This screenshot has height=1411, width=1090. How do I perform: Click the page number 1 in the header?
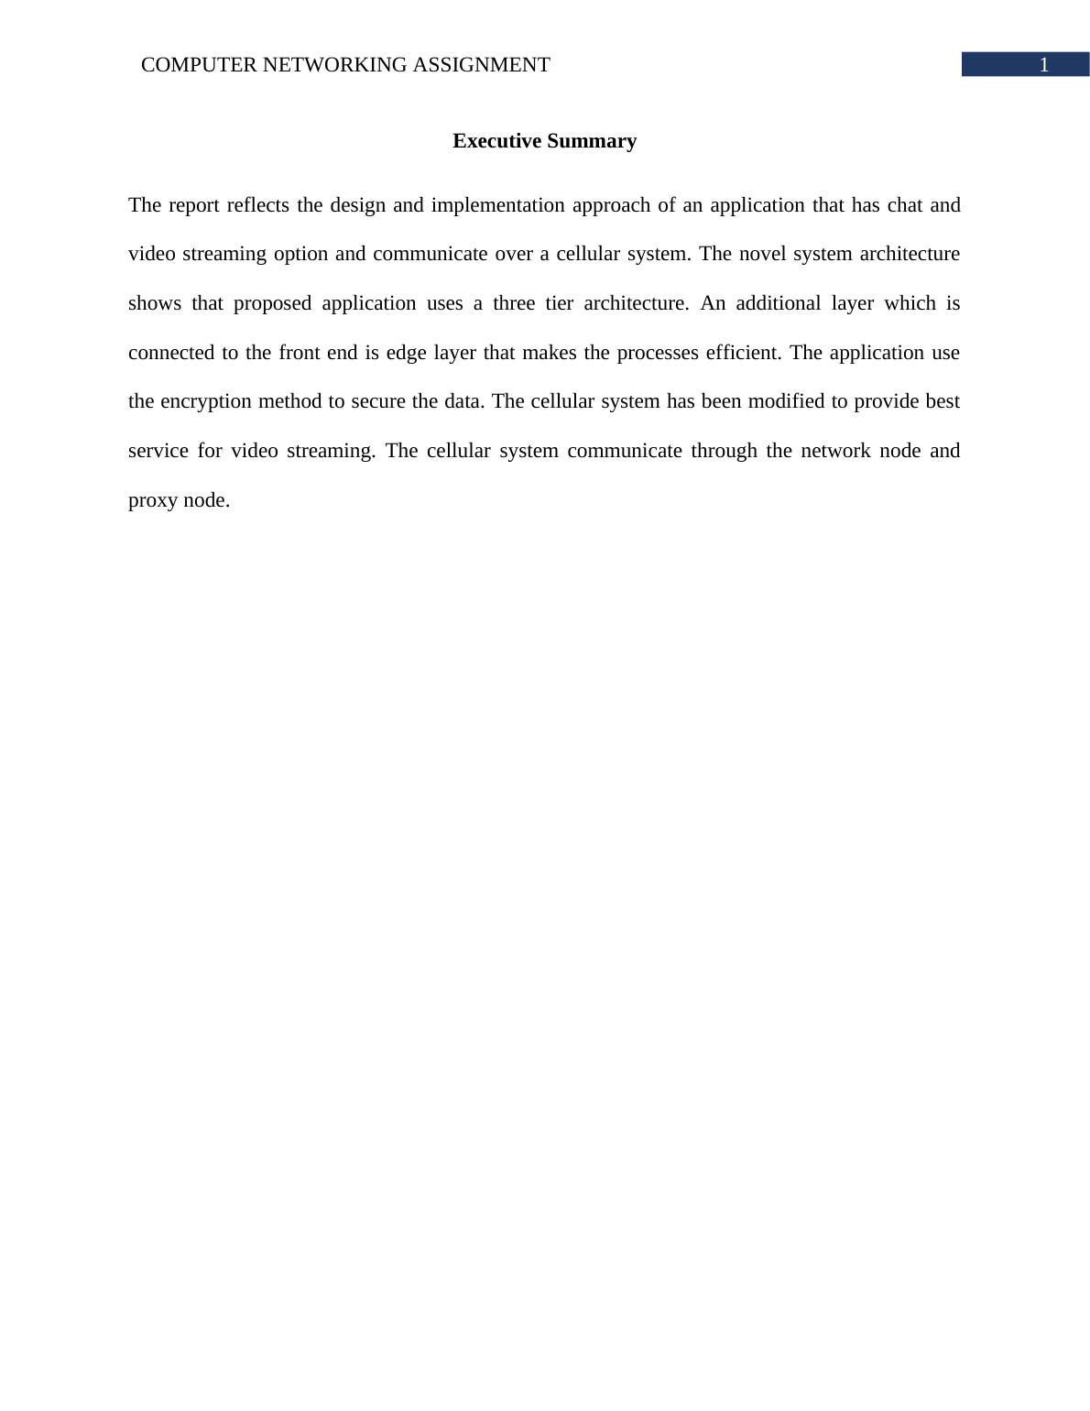pos(1043,65)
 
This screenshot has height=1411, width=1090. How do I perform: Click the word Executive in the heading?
pos(496,141)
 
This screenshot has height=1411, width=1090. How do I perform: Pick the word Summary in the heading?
pos(594,141)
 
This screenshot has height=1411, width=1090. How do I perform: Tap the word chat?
pos(904,205)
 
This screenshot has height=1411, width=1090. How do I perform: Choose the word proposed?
pos(272,303)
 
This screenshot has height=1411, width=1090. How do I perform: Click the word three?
pos(514,303)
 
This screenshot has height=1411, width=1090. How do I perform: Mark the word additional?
pos(778,303)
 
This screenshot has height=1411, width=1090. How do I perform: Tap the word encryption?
pos(206,402)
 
